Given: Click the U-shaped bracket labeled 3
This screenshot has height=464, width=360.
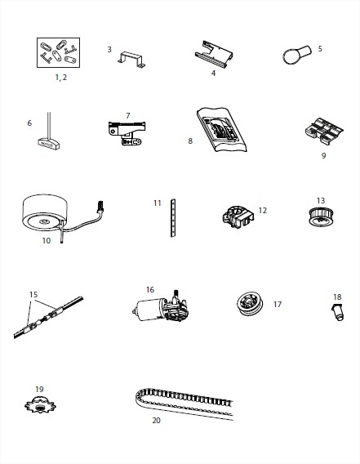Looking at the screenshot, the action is (x=131, y=60).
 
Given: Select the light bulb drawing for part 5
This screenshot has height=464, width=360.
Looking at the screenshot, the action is (x=296, y=55).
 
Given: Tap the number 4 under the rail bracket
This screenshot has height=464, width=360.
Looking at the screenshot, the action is (x=213, y=73).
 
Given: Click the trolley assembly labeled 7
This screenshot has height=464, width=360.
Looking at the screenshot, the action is (x=127, y=133).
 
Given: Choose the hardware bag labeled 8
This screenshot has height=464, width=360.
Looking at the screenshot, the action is (x=221, y=130).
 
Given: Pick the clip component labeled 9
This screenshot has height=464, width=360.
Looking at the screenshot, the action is (x=324, y=132).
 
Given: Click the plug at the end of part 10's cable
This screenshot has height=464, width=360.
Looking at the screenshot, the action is (x=100, y=206).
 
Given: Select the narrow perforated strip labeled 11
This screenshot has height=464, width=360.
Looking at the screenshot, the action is (x=173, y=218).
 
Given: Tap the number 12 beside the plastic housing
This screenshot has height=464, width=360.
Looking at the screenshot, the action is (x=262, y=211).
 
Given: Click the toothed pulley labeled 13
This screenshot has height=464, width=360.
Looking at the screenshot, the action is (x=321, y=216).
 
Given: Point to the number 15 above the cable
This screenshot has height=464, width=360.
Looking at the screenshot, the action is (x=33, y=294).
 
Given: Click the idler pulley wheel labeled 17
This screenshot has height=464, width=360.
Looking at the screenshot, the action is (x=250, y=304).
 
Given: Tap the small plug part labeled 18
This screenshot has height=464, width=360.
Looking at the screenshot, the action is (x=337, y=312).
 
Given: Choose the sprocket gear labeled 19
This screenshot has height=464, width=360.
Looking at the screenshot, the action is (x=40, y=404).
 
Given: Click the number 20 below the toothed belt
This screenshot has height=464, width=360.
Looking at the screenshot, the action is (x=156, y=420).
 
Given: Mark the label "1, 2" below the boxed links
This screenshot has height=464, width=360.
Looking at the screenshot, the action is (x=61, y=78).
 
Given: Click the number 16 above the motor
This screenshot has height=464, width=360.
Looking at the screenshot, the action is (x=150, y=290).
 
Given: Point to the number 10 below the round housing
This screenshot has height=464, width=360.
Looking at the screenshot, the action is (x=47, y=241).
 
